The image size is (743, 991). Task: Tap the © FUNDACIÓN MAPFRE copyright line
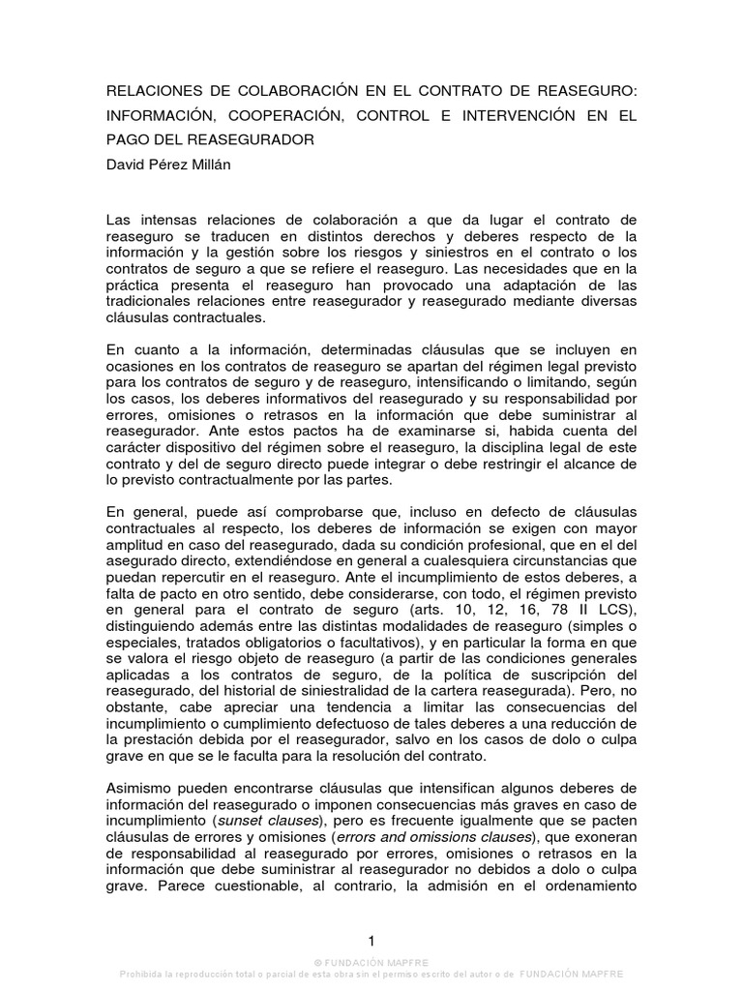coord(371,963)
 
